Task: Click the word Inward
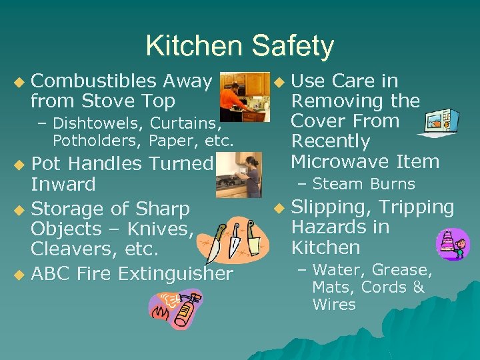point(63,184)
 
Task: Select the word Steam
point(336,184)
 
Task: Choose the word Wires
point(333,305)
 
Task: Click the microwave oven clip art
point(438,122)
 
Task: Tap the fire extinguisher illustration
point(175,309)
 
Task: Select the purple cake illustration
point(453,244)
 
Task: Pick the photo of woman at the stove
point(239,175)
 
